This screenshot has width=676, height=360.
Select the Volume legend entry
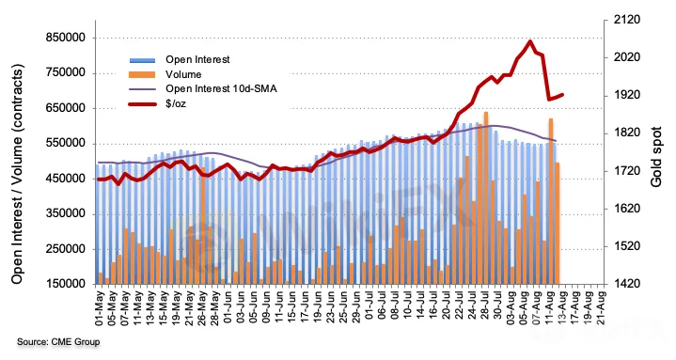click(165, 74)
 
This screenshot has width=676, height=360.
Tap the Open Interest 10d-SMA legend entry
click(203, 88)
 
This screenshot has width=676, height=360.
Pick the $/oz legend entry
click(158, 103)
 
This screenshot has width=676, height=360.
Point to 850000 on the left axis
click(66, 38)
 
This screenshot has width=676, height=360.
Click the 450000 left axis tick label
click(66, 179)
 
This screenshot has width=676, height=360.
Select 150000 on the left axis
click(66, 284)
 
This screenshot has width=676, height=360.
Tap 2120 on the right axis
click(627, 20)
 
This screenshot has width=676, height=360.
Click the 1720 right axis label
click(627, 171)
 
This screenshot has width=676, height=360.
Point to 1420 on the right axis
click(627, 284)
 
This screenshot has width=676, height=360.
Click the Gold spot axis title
click(656, 157)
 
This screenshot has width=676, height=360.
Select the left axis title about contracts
click(17, 174)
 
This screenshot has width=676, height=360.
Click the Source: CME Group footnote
click(58, 342)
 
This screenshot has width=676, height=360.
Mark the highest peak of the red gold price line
click(530, 41)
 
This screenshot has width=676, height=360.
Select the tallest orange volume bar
click(486, 198)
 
